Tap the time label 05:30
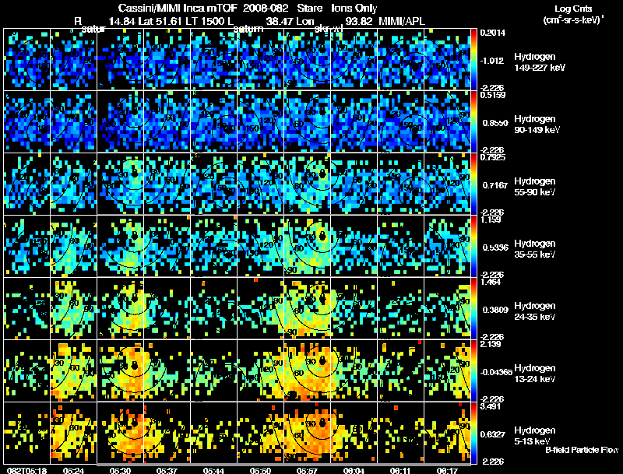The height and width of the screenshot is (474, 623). (121, 469)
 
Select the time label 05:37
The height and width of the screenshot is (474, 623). (167, 469)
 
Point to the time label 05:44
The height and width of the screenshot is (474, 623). (214, 469)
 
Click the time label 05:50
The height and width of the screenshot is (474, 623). (261, 469)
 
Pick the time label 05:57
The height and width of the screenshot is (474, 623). (308, 469)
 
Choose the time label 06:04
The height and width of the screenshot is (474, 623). (354, 469)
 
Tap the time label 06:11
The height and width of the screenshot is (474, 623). (402, 469)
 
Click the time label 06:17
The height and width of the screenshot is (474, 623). (448, 469)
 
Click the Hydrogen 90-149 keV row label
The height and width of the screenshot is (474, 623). (536, 125)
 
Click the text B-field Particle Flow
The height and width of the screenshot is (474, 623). (582, 451)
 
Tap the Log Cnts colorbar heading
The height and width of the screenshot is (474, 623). (572, 7)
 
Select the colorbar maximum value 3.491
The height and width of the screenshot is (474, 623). (491, 407)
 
